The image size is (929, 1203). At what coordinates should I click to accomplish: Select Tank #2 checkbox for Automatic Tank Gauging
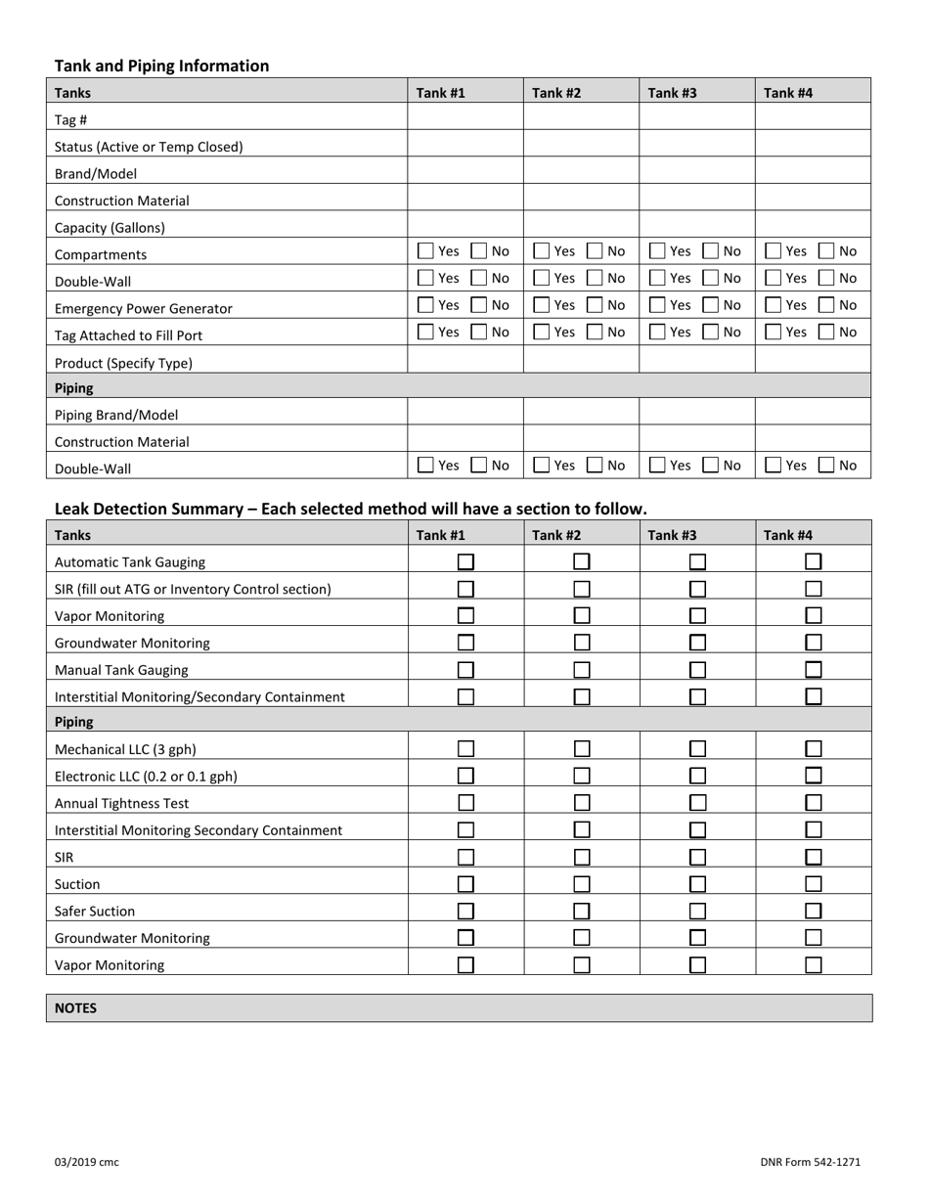[582, 561]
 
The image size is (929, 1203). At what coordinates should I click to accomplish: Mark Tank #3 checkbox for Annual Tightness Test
[697, 803]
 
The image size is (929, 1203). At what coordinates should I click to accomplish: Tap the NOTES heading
[75, 1007]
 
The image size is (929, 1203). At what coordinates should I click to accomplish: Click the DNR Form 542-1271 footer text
[810, 1162]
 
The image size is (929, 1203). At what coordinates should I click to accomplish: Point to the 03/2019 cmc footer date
[87, 1162]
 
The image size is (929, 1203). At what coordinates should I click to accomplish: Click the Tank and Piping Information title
[161, 67]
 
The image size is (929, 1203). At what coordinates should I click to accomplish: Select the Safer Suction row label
[95, 911]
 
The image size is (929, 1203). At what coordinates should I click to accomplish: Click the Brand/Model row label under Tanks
[96, 173]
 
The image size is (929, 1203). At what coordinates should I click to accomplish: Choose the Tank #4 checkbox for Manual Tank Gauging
[814, 669]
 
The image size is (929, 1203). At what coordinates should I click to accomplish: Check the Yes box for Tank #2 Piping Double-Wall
[542, 466]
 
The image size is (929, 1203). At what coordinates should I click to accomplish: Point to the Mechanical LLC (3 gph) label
[125, 750]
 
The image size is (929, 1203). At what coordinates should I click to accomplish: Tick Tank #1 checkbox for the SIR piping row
[466, 857]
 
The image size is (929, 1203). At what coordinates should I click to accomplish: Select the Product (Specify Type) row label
[123, 363]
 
